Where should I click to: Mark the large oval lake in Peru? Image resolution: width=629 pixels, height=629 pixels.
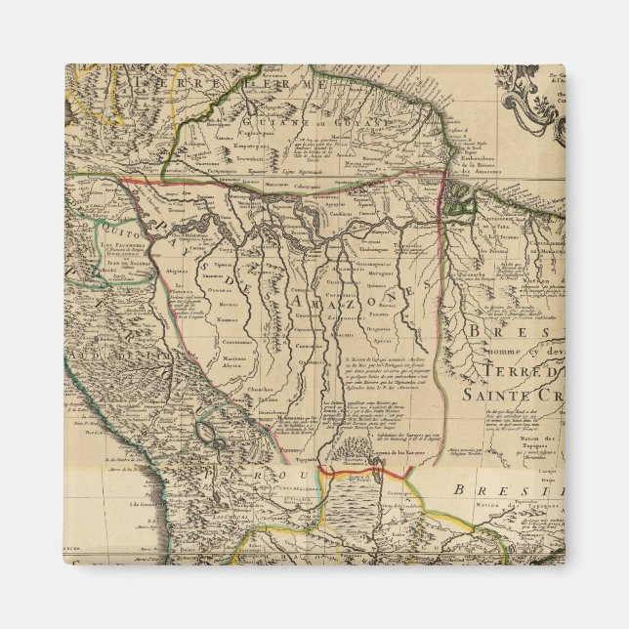[x=208, y=426]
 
